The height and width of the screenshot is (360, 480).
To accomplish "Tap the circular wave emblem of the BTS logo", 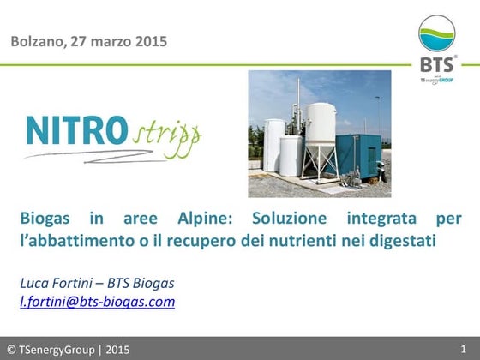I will click(x=436, y=34).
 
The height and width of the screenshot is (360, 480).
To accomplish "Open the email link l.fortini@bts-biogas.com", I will click(x=97, y=301).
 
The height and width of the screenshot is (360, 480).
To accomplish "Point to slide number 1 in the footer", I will click(x=463, y=348).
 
